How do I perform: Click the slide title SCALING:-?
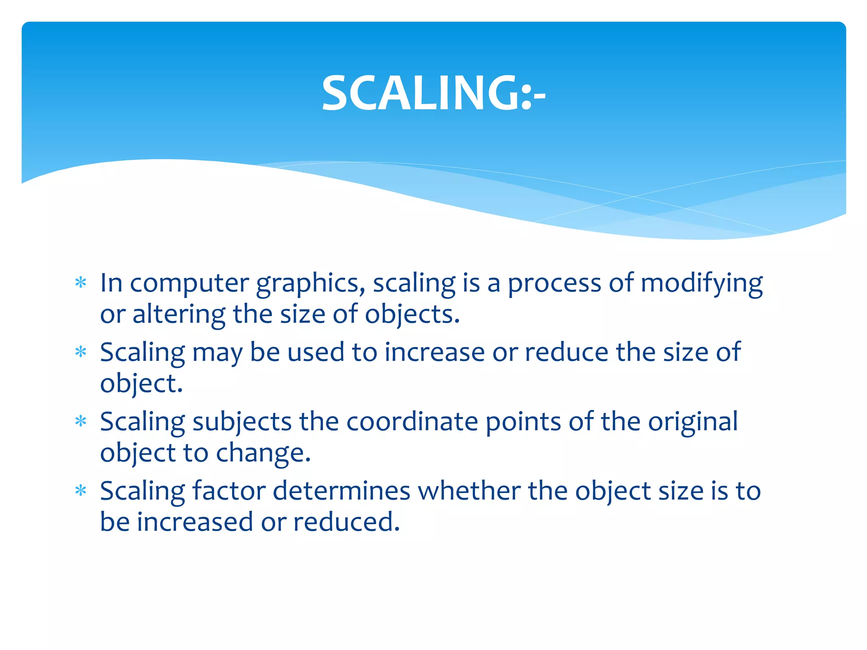click(433, 93)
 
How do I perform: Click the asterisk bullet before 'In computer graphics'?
click(80, 282)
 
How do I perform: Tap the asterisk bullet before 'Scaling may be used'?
click(80, 352)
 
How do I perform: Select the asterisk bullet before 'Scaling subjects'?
click(80, 421)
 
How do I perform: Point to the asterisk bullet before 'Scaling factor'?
click(80, 490)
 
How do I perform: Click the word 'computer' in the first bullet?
click(189, 284)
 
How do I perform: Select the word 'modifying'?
click(701, 284)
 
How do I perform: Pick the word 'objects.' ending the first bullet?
click(412, 314)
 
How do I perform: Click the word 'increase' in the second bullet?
click(434, 353)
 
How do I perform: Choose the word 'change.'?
click(263, 453)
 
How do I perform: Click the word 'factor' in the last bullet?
click(229, 491)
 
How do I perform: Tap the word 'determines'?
click(342, 491)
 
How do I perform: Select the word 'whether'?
click(469, 491)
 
